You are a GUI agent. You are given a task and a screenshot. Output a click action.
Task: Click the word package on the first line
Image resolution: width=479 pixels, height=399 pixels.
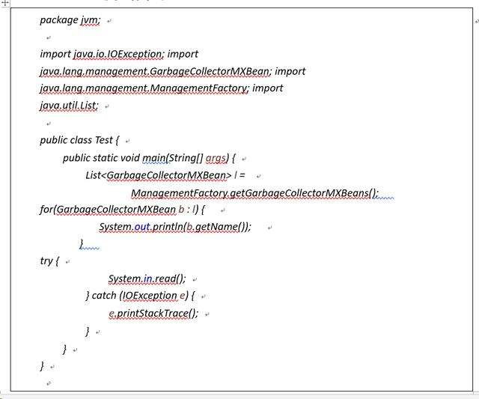(x=58, y=20)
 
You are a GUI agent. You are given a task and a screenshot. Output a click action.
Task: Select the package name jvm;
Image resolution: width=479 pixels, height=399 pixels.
(x=91, y=20)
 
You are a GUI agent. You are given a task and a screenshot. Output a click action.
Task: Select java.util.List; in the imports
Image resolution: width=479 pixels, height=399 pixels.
(x=69, y=106)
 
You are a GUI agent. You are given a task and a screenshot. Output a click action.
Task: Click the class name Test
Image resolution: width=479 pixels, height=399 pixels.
(x=104, y=140)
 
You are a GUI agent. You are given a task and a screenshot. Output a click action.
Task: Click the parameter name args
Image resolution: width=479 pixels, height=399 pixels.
(x=216, y=158)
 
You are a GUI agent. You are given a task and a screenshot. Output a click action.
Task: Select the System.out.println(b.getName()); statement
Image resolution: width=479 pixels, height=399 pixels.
(x=175, y=227)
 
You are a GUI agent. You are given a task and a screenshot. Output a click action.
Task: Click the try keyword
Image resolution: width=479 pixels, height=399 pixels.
(x=46, y=261)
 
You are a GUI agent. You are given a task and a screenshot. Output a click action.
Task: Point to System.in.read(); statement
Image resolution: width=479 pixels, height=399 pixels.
(x=147, y=279)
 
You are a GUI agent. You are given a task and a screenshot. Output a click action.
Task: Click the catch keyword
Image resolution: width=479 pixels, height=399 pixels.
(x=103, y=296)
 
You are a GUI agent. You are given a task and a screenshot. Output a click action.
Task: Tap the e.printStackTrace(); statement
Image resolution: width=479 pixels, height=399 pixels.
(x=153, y=313)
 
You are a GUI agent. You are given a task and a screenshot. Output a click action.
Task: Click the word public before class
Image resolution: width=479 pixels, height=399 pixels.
(x=55, y=140)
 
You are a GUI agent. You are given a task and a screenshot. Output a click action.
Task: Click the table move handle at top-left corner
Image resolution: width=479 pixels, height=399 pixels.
(x=6, y=2)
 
